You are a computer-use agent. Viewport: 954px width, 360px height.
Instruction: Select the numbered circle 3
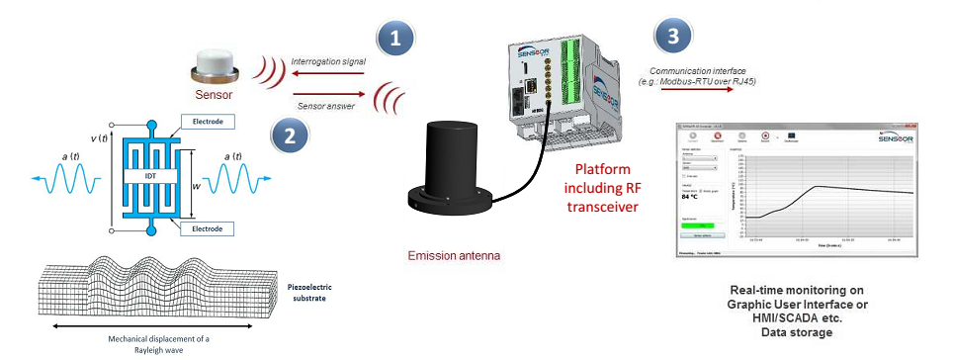[x=673, y=39]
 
